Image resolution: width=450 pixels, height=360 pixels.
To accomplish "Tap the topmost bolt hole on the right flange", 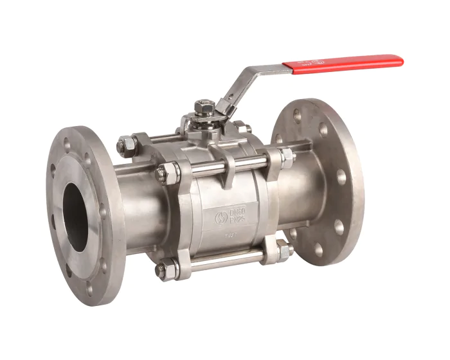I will click(297, 116).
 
